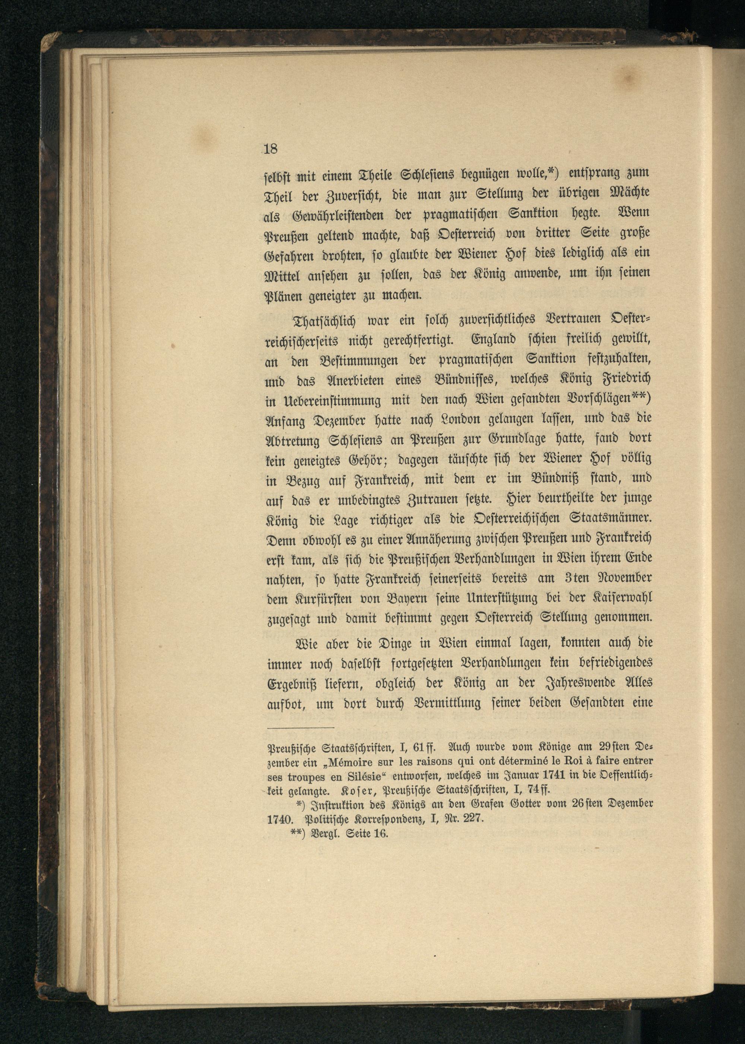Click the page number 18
tap(271, 149)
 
